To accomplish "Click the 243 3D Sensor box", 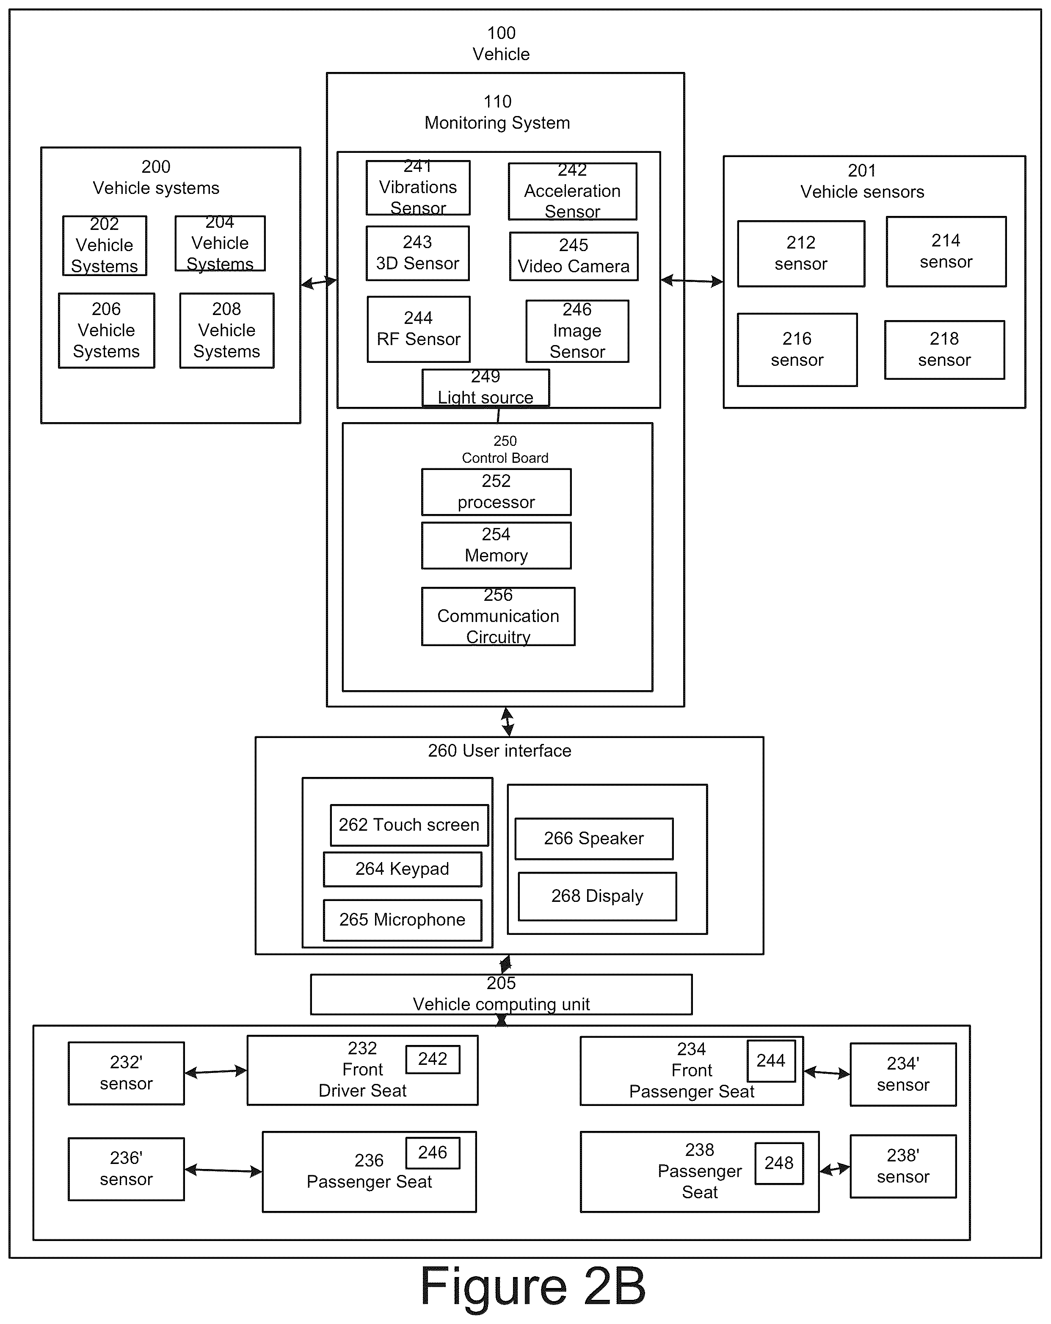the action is pos(417,253).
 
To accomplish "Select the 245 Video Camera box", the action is pos(574,256).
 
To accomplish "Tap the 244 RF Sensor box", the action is pos(419,329).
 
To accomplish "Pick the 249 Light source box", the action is pos(486,387).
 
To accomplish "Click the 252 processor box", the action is pos(496,492).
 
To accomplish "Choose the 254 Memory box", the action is pos(496,545).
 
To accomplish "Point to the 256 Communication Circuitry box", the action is pos(498,616).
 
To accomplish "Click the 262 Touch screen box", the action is pos(409,825).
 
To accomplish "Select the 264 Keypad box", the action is pos(403,869).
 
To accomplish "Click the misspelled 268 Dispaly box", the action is pos(597,896).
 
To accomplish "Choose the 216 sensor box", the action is pos(797,349).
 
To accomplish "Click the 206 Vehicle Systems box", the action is pos(106,330).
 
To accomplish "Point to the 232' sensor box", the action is pos(126,1073).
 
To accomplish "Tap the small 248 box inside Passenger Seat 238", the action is pos(779,1163).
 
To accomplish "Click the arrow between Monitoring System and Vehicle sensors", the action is pos(692,281).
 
